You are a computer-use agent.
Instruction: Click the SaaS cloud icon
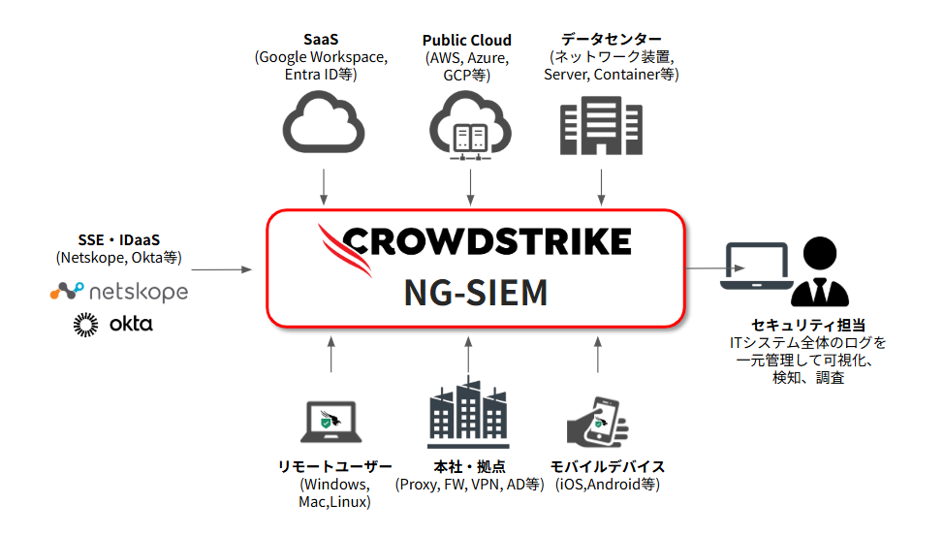(x=324, y=123)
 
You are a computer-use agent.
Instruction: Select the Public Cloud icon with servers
(x=470, y=124)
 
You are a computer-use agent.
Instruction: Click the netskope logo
(x=119, y=291)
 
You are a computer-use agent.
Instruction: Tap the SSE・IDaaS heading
(x=118, y=240)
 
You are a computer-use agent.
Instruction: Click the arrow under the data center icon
(x=602, y=186)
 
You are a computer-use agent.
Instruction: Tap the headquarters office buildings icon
(x=469, y=415)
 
